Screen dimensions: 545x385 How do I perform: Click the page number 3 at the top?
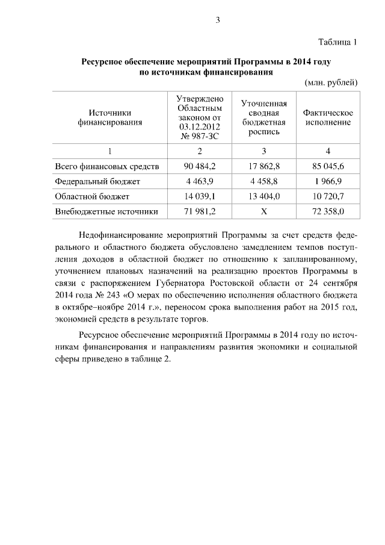click(x=218, y=20)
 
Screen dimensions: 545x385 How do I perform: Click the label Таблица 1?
click(x=337, y=42)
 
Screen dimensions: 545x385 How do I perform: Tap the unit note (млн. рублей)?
click(x=331, y=82)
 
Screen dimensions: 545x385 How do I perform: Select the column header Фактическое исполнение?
click(x=328, y=117)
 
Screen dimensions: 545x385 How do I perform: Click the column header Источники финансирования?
click(x=109, y=117)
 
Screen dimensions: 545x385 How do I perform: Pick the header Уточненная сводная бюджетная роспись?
click(x=263, y=117)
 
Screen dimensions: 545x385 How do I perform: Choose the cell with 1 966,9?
click(x=328, y=181)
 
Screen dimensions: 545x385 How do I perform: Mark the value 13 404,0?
click(x=263, y=196)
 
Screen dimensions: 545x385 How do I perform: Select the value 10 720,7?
click(x=328, y=196)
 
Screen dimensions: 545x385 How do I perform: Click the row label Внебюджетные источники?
click(x=106, y=211)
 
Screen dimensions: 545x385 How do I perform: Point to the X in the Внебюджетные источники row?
click(x=263, y=211)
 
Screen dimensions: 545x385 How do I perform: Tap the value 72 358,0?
click(x=328, y=211)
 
